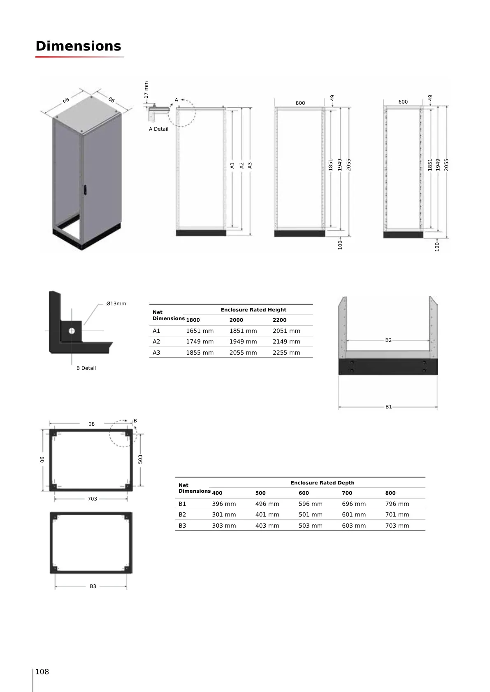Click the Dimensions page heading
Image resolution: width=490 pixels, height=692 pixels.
(78, 46)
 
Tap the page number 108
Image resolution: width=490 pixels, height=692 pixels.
(42, 671)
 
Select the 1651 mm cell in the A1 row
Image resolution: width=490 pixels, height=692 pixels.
(200, 331)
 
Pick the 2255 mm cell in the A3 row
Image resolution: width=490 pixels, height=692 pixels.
(286, 353)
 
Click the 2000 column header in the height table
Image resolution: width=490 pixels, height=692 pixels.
(236, 320)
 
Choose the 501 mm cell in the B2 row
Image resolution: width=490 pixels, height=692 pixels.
(311, 514)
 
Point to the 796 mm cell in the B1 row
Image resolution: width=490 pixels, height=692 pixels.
(397, 504)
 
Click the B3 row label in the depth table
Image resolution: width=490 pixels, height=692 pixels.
(182, 526)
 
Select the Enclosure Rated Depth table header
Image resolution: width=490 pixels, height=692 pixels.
(322, 482)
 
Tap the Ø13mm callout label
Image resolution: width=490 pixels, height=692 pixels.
(116, 304)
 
